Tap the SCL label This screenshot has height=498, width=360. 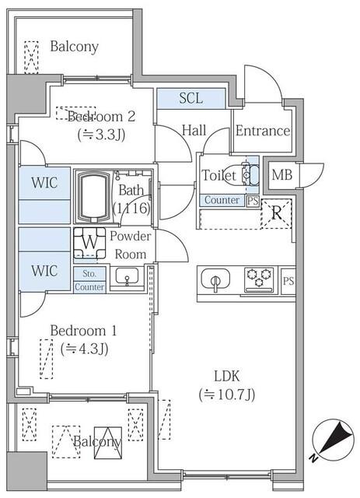190,98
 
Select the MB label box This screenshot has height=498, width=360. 281,175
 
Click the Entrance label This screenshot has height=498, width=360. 262,131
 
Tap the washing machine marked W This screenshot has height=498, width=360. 90,243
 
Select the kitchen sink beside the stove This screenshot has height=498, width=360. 217,278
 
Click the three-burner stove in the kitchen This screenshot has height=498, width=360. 259,277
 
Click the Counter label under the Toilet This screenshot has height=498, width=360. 222,201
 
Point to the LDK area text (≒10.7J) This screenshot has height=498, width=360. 226,394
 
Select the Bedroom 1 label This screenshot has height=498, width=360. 82,331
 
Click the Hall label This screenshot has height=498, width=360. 194,130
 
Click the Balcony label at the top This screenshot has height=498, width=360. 74,47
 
